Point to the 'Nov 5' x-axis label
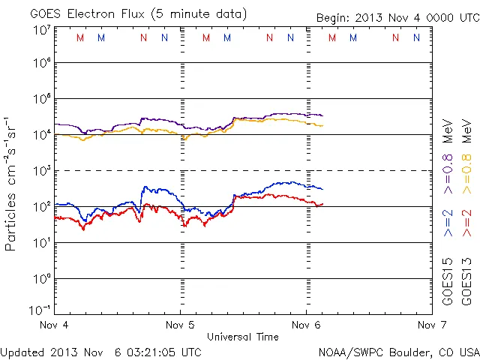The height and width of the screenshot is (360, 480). (181, 325)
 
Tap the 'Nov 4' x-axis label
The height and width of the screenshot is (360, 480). (55, 325)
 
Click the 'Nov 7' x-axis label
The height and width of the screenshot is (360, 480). (432, 325)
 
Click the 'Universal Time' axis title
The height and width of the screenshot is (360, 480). (243, 337)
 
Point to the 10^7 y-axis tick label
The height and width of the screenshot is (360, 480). (41, 30)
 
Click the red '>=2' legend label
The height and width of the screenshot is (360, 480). (466, 223)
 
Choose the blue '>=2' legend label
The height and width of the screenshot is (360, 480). (448, 223)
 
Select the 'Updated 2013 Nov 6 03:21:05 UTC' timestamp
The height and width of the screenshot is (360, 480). (100, 352)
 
